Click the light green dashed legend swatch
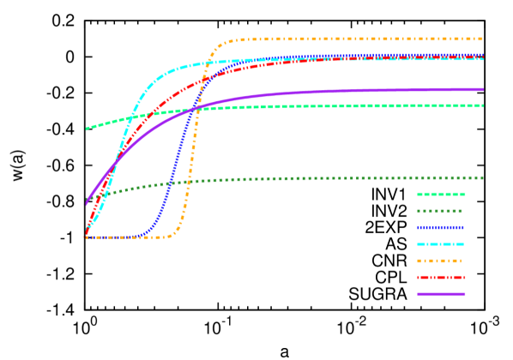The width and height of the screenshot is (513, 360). tap(441, 195)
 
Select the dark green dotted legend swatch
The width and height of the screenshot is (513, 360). tap(441, 211)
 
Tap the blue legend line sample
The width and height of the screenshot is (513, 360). tap(441, 228)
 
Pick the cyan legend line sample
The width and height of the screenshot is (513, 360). tap(441, 244)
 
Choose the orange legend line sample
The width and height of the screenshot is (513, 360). tap(441, 261)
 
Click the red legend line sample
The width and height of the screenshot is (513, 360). tap(441, 278)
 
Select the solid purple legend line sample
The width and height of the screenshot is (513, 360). tap(441, 294)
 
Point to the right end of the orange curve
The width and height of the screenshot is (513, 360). tap(483, 39)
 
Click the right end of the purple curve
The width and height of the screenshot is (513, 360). tap(483, 89)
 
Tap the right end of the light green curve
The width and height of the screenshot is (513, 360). tap(483, 106)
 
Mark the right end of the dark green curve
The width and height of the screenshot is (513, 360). tap(483, 177)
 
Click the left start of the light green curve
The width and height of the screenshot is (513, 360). tap(87, 129)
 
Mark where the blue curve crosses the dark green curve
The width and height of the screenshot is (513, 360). tap(172, 183)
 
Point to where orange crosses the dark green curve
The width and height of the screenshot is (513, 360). tap(188, 181)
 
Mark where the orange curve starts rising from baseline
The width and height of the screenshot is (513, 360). tap(169, 236)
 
